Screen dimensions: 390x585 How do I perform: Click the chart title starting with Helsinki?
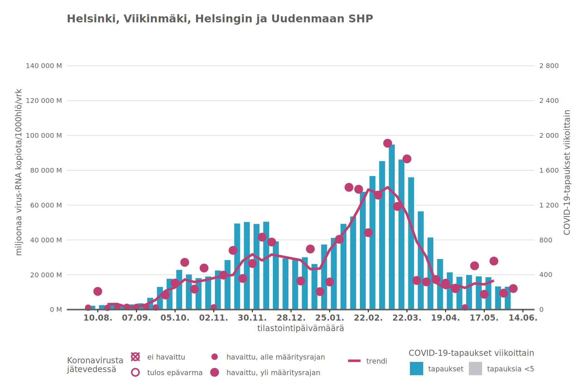(x=220, y=19)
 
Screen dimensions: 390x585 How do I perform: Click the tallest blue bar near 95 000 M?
(x=392, y=227)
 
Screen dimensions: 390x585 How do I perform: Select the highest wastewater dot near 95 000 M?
(x=388, y=143)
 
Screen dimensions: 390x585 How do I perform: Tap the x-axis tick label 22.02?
(x=368, y=318)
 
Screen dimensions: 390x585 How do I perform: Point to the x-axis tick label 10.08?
(x=97, y=318)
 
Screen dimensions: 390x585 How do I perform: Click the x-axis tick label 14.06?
(x=523, y=318)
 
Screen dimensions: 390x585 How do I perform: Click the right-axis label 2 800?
(x=549, y=66)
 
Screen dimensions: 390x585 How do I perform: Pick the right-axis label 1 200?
(x=549, y=205)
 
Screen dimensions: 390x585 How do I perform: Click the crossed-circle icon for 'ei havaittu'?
(x=135, y=357)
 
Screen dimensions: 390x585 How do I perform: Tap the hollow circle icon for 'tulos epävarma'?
(x=135, y=372)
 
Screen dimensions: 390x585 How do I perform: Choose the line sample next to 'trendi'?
(x=354, y=361)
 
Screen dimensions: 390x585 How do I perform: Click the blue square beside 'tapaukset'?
(x=416, y=369)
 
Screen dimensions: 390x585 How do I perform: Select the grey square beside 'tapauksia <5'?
(x=475, y=369)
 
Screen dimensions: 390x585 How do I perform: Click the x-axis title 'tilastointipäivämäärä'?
(x=300, y=328)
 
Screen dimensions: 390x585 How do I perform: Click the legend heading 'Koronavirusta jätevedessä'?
(x=95, y=365)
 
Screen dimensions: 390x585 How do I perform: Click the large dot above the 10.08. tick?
(x=98, y=291)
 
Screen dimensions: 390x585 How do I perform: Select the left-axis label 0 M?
(x=56, y=309)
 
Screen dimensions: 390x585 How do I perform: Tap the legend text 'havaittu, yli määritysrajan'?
(x=273, y=373)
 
